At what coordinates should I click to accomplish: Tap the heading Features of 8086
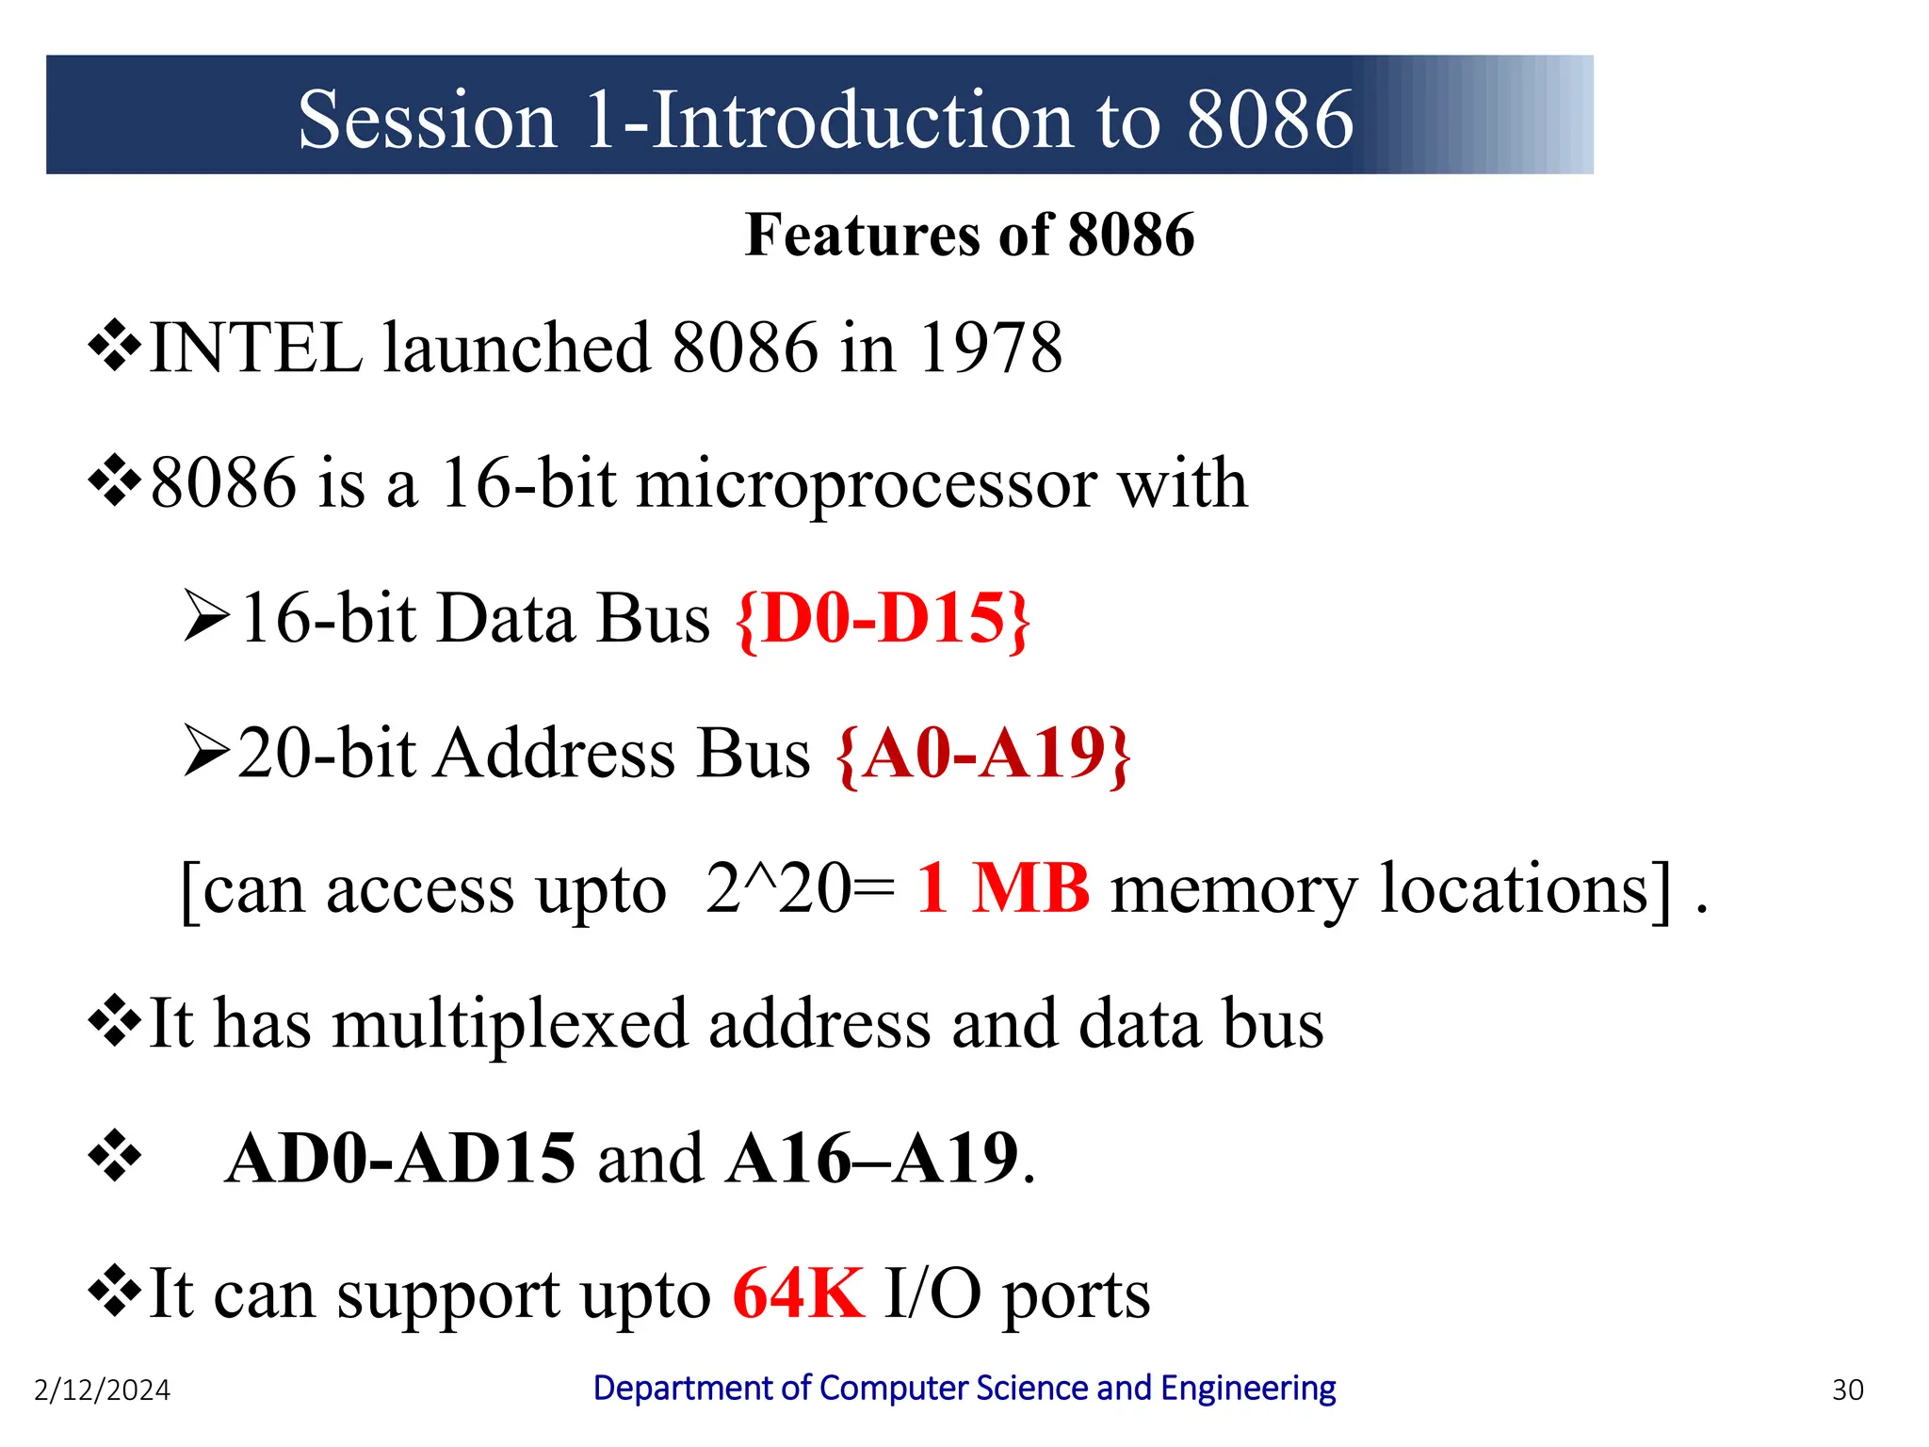point(969,235)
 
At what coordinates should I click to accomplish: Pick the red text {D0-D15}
point(883,619)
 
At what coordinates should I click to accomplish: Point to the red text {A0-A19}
point(983,754)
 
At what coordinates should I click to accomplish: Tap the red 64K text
point(798,1293)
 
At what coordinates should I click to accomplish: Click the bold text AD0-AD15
point(400,1159)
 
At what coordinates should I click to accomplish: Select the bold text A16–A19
point(872,1159)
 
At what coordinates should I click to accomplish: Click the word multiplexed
point(510,1024)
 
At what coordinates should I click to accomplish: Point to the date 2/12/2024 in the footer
point(102,1390)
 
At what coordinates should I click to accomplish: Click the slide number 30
point(1847,1390)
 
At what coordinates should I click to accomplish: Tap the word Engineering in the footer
point(1247,1389)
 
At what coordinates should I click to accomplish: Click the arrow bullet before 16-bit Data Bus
point(206,616)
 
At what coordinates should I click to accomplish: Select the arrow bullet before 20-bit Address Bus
point(206,751)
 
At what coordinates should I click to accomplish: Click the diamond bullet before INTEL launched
point(114,346)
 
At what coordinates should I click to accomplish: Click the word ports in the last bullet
point(1076,1295)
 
